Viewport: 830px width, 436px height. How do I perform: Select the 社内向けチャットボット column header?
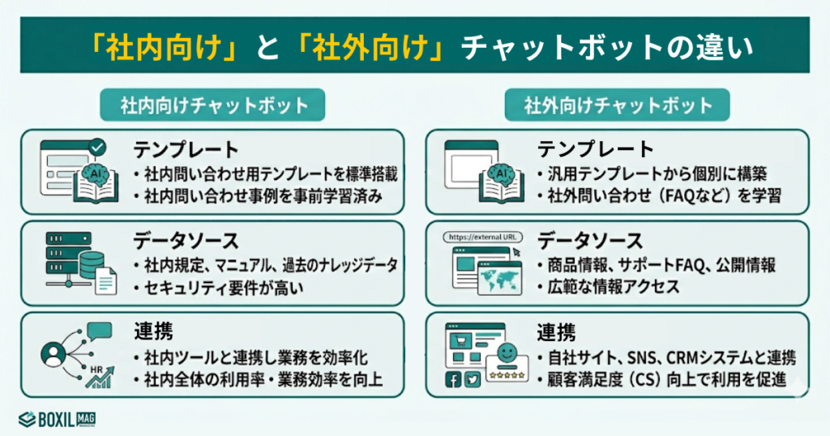pyautogui.click(x=213, y=105)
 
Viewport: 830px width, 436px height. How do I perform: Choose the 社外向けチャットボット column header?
pyautogui.click(x=618, y=105)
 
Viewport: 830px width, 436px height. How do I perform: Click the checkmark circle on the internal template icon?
pyautogui.click(x=97, y=147)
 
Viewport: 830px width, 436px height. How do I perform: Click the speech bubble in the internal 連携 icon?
pyautogui.click(x=99, y=331)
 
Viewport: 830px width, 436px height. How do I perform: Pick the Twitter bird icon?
pyautogui.click(x=473, y=380)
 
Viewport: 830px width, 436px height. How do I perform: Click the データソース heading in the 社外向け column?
pyautogui.click(x=589, y=241)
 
